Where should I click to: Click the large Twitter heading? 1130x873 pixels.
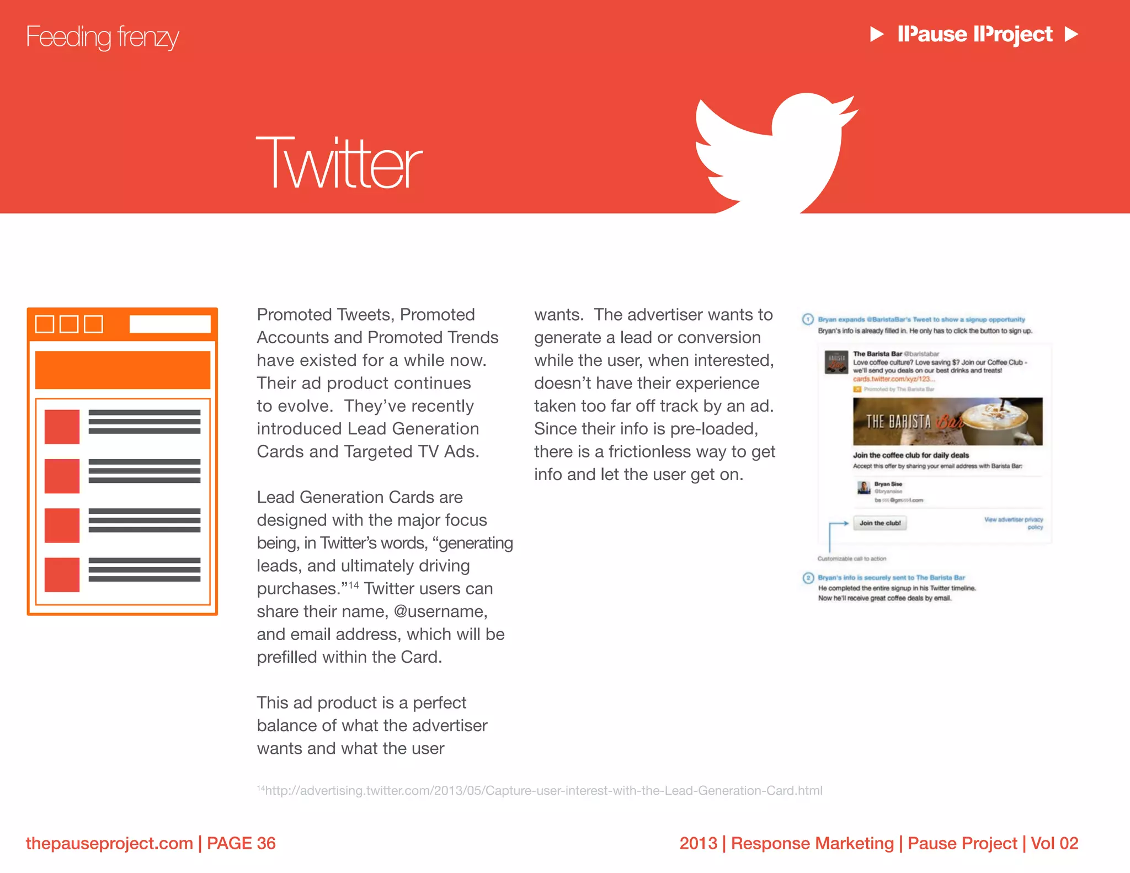(x=339, y=163)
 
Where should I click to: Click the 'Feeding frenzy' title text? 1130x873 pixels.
(x=103, y=37)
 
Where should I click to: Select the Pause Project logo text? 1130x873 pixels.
(x=974, y=34)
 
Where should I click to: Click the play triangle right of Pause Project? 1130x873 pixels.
(x=1071, y=34)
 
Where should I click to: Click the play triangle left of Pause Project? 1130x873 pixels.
(x=876, y=34)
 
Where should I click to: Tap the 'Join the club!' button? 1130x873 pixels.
(x=880, y=523)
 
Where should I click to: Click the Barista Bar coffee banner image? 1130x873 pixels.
(x=947, y=422)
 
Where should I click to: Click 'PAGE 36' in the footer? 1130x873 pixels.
(x=241, y=843)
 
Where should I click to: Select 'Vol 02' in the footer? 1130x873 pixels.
(x=1054, y=843)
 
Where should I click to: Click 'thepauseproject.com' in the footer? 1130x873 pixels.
(x=109, y=843)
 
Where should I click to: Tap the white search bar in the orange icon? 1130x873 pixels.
(x=170, y=324)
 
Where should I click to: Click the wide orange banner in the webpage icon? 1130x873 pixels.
(x=122, y=370)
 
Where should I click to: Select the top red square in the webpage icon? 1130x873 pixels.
(x=62, y=427)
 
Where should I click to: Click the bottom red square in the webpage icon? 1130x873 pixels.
(x=62, y=574)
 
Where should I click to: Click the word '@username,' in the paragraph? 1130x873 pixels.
(x=440, y=611)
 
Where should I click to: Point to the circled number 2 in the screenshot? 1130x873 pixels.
(x=808, y=578)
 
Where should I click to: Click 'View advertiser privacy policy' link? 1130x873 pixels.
(x=1014, y=523)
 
